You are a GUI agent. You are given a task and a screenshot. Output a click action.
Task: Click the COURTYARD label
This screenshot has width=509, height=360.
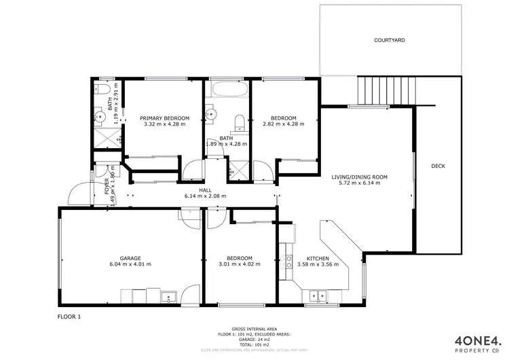tap(390, 41)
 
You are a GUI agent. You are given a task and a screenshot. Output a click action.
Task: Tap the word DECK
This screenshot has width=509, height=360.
tap(438, 166)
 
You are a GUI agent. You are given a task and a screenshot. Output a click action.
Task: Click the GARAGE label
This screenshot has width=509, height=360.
tap(130, 258)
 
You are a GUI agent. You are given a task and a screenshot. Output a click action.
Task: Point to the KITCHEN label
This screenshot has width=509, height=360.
tap(318, 258)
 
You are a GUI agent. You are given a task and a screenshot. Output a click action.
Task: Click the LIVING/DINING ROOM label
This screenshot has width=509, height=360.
tap(359, 177)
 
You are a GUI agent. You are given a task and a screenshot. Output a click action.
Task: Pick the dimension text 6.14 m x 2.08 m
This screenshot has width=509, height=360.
tap(205, 196)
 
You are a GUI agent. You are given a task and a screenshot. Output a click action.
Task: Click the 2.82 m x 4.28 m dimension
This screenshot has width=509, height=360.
tap(284, 124)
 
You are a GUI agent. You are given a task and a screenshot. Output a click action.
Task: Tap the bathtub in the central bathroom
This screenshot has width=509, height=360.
tap(227, 90)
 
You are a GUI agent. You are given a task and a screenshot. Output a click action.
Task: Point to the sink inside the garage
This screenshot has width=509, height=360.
tap(168, 295)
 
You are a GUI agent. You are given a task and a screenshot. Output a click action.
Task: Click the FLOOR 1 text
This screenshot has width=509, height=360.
tap(69, 317)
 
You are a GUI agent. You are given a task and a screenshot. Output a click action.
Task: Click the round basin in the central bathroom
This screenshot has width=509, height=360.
tap(210, 115)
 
